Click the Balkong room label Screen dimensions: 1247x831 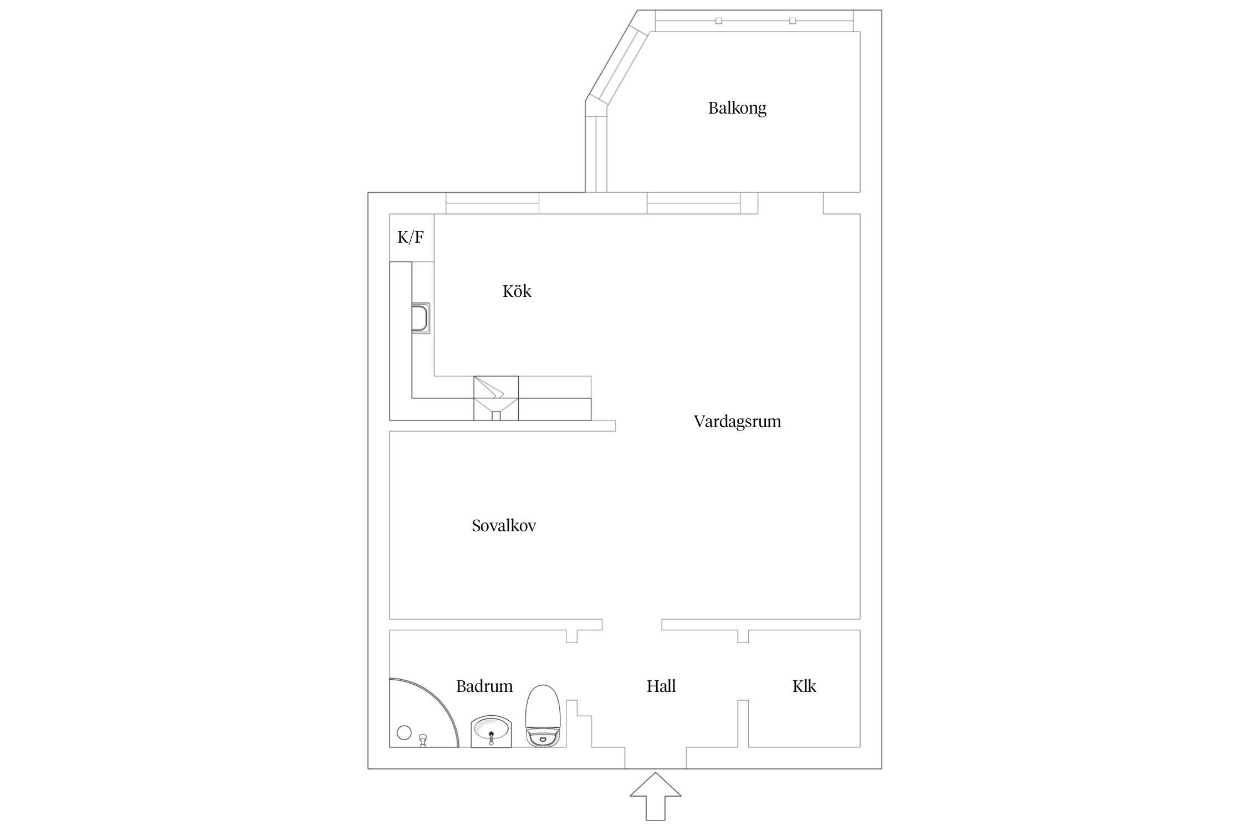[x=737, y=108]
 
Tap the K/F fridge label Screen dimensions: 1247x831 [x=411, y=238]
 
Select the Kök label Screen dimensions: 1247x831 [x=517, y=291]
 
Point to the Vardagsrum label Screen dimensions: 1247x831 [x=737, y=422]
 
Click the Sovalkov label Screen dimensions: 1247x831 [x=504, y=526]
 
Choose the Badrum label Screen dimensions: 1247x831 [x=484, y=686]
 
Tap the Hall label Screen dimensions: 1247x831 [x=661, y=686]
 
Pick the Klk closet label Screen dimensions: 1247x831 [x=804, y=686]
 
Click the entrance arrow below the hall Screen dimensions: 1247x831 [x=656, y=796]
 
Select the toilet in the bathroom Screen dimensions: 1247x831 [x=543, y=716]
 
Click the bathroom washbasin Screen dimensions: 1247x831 [x=491, y=731]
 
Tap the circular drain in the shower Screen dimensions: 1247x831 [x=405, y=732]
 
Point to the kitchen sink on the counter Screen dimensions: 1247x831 [x=421, y=318]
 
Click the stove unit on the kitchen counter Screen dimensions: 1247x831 [x=496, y=398]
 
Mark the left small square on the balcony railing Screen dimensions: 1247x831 [x=719, y=21]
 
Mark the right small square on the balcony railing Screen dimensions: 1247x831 [x=793, y=21]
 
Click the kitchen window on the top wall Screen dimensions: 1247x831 [x=492, y=203]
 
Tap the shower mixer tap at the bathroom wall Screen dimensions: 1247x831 [x=423, y=740]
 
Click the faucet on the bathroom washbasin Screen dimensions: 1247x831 [x=491, y=738]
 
